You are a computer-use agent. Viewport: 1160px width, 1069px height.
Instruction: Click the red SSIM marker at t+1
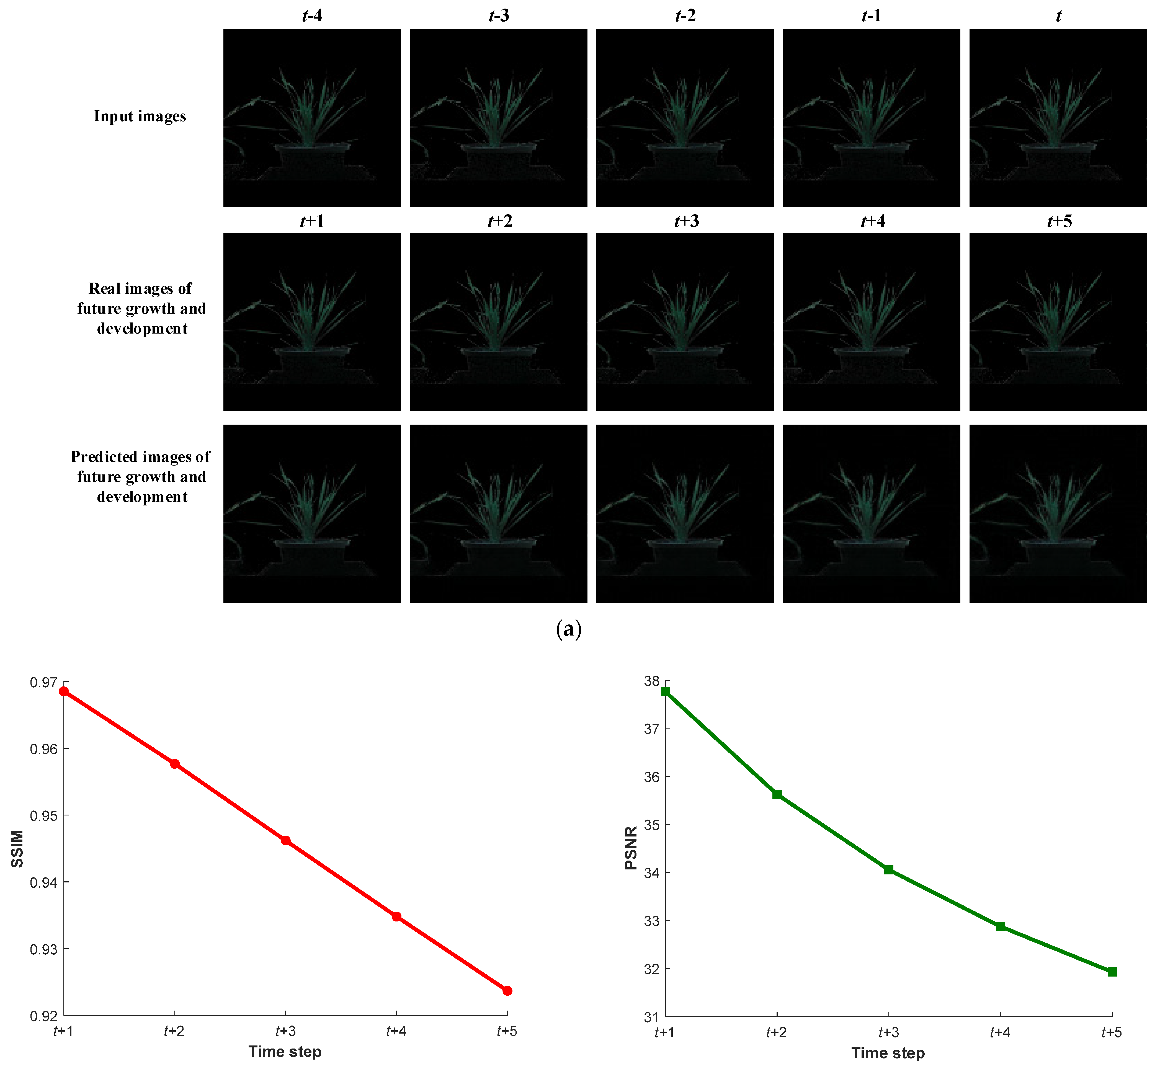pyautogui.click(x=64, y=691)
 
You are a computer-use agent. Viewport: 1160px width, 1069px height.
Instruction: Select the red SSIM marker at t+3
pyautogui.click(x=285, y=841)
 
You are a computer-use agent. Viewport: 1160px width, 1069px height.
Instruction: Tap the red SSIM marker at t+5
pyautogui.click(x=507, y=991)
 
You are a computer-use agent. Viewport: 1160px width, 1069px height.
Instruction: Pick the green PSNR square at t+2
pyautogui.click(x=777, y=795)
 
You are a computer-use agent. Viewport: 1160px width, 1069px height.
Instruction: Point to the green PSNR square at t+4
pyautogui.click(x=1000, y=927)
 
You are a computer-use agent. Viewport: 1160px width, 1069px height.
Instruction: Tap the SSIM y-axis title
pyautogui.click(x=17, y=849)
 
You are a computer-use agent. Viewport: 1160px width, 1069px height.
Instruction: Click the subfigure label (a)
pyautogui.click(x=568, y=629)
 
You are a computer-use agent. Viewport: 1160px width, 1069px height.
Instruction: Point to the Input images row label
pyautogui.click(x=140, y=116)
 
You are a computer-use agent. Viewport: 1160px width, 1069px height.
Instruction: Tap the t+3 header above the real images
pyautogui.click(x=685, y=221)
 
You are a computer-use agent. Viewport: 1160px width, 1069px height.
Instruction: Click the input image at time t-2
pyautogui.click(x=685, y=118)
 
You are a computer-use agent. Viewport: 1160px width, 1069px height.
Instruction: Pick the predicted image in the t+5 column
pyautogui.click(x=1058, y=514)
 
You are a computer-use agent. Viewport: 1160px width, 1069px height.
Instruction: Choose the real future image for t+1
pyautogui.click(x=312, y=322)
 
